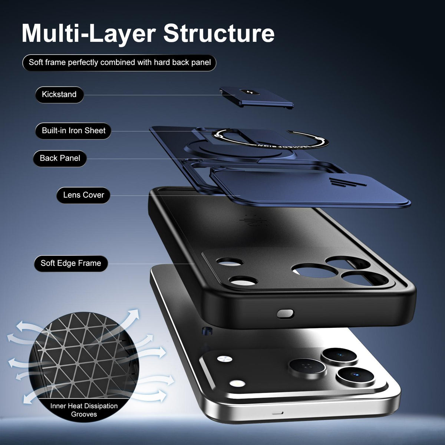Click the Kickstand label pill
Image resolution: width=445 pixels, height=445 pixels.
(59, 95)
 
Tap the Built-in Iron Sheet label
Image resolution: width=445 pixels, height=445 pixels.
(73, 131)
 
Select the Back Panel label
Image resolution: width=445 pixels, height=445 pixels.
(60, 158)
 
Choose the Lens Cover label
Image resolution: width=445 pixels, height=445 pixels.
(83, 195)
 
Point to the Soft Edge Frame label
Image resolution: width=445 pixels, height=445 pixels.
(71, 263)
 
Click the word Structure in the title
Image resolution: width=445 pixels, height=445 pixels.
(219, 33)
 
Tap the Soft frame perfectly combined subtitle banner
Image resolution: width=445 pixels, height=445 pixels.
(119, 63)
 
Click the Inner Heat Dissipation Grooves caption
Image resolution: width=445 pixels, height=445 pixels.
(84, 410)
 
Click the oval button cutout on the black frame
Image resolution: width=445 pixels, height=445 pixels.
(286, 314)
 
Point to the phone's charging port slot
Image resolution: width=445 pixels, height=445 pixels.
(277, 413)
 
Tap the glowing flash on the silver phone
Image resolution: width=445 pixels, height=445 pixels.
(237, 384)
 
